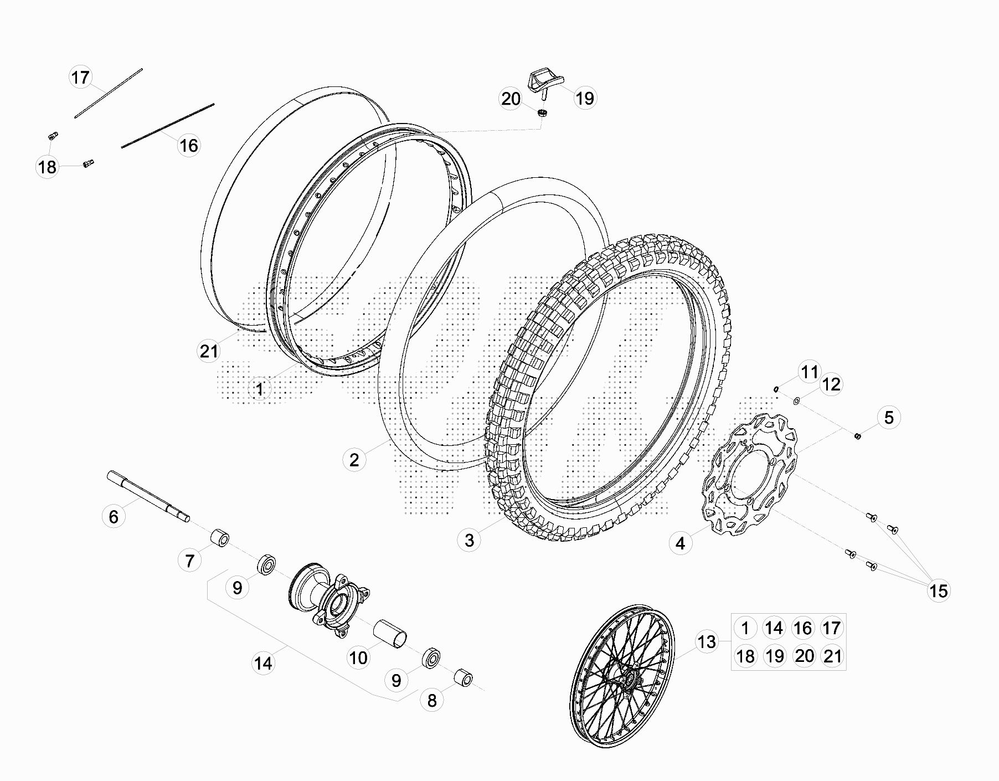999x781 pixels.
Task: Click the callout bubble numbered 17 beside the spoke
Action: click(x=80, y=77)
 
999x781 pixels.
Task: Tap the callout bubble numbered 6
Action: click(x=114, y=517)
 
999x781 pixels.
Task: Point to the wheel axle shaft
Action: click(x=148, y=495)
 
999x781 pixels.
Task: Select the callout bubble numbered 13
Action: click(x=707, y=642)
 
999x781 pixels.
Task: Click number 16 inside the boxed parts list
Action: click(x=802, y=628)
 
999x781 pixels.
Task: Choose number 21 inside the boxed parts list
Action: click(x=832, y=656)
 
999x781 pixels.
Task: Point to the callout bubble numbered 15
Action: click(x=939, y=591)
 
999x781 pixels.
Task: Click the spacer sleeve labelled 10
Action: click(x=390, y=633)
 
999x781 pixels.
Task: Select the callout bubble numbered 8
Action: click(x=432, y=701)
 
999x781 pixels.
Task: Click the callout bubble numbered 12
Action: click(x=831, y=384)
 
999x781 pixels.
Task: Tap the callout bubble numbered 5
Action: click(x=889, y=417)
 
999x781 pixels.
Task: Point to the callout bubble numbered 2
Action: click(x=354, y=460)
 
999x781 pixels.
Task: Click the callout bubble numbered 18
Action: click(x=48, y=167)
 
